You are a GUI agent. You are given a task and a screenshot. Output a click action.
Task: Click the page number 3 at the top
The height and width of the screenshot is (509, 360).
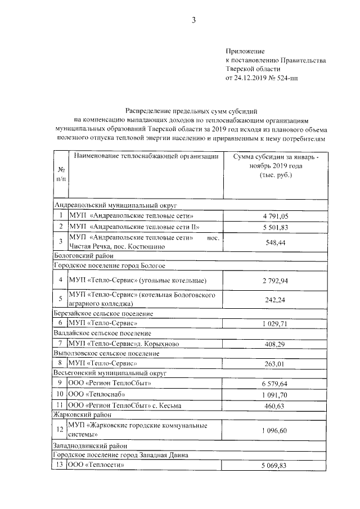tap(193, 21)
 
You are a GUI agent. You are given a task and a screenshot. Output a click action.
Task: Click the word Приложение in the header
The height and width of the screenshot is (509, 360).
tap(244, 51)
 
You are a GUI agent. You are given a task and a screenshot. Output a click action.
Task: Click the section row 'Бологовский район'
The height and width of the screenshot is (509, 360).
tap(79, 255)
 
